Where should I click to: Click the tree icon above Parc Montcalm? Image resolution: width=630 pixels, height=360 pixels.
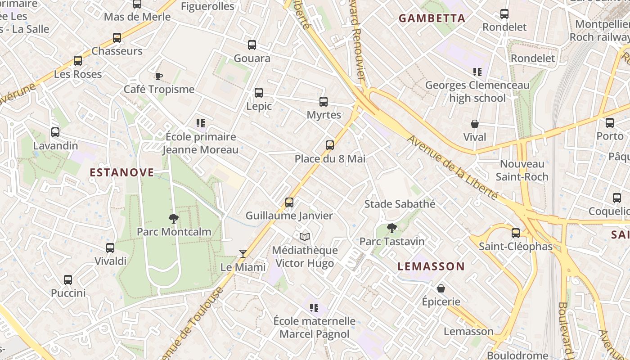[173, 219]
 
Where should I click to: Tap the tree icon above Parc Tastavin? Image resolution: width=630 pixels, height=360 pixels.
[392, 228]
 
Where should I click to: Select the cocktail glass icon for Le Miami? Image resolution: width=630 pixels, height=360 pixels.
[243, 254]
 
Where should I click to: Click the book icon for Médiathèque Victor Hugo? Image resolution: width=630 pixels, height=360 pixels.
[305, 237]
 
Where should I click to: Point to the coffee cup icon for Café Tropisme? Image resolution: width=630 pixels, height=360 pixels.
[158, 76]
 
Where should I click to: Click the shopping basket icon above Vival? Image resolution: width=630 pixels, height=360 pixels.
[475, 124]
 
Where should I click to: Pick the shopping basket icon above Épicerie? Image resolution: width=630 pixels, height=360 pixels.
[441, 288]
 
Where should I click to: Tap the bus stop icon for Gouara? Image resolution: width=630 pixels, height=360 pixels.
[252, 45]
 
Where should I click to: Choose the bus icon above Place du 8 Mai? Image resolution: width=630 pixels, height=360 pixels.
[330, 145]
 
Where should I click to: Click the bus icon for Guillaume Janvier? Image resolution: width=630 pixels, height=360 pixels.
[289, 202]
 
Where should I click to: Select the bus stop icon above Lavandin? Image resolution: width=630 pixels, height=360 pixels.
[55, 132]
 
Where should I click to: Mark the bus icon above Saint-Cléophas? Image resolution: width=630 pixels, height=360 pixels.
[516, 233]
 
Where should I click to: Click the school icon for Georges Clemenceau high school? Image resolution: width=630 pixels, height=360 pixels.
[477, 72]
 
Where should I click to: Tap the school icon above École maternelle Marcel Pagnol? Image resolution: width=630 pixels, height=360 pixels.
[314, 308]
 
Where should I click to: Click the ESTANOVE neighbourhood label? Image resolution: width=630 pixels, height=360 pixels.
[122, 172]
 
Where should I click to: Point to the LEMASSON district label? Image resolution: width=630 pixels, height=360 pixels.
[431, 266]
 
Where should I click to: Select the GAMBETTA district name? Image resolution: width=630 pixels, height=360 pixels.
[432, 18]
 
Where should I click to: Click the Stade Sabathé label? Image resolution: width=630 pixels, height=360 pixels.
[400, 204]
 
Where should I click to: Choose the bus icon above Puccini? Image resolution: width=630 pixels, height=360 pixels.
[68, 280]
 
